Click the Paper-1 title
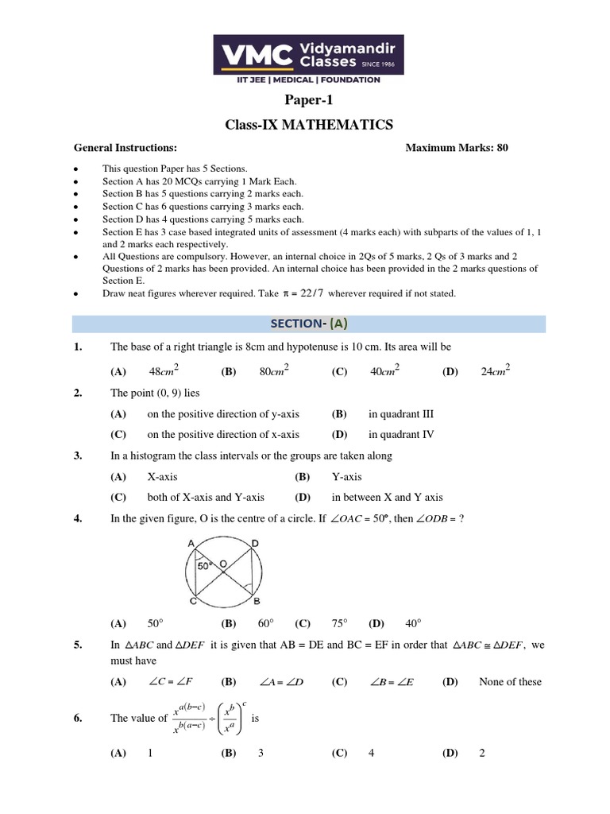(305, 99)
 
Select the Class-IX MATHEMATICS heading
(305, 125)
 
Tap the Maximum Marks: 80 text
(456, 148)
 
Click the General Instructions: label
(125, 148)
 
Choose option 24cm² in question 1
(495, 370)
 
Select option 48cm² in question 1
(164, 370)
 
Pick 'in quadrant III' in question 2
(401, 414)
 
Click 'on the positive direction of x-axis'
(223, 435)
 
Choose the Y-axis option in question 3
(346, 476)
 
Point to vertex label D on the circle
(254, 543)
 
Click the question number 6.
(78, 719)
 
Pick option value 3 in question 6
(261, 754)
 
